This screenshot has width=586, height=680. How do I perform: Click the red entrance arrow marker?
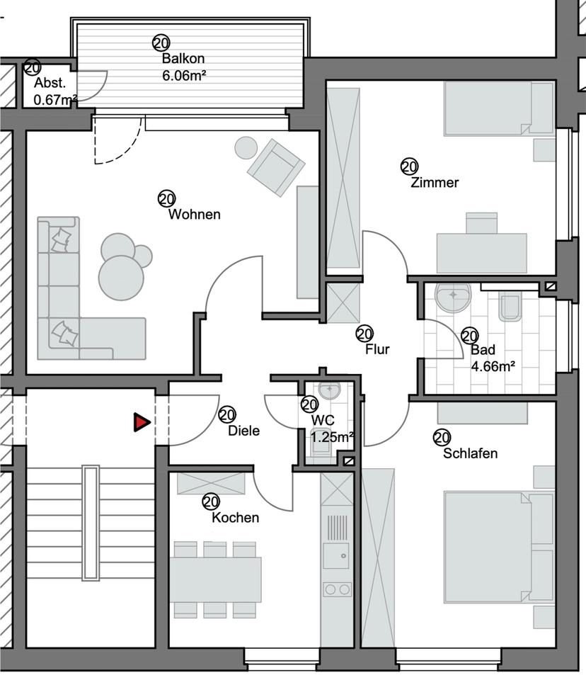[142, 423]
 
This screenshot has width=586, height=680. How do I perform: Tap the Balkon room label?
[178, 59]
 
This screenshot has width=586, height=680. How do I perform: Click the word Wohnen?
[194, 215]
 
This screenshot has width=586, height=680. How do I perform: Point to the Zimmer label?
[435, 183]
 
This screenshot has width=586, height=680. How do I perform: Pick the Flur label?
[377, 348]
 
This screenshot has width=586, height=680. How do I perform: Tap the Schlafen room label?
[470, 453]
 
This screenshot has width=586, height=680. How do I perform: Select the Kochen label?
[235, 518]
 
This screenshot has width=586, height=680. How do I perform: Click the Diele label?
[244, 431]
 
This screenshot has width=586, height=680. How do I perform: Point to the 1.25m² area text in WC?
[332, 437]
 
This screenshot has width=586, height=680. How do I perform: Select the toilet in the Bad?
[510, 306]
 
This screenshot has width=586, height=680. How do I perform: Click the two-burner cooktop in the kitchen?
[337, 589]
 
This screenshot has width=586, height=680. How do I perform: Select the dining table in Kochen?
[215, 579]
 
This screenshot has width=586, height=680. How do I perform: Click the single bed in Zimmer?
[488, 108]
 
